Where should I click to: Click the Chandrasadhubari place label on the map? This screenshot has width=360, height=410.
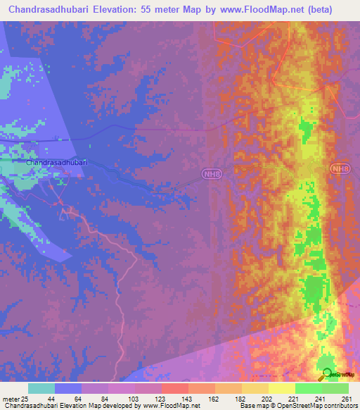pyautogui.click(x=57, y=163)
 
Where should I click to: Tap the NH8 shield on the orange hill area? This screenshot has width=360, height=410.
pyautogui.click(x=340, y=169)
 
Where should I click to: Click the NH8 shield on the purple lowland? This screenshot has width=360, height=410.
pyautogui.click(x=211, y=173)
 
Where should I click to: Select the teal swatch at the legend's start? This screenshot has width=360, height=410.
pyautogui.click(x=41, y=388)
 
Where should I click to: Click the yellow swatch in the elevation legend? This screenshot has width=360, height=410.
pyautogui.click(x=282, y=388)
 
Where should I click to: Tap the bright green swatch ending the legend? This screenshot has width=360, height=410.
pyautogui.click(x=335, y=388)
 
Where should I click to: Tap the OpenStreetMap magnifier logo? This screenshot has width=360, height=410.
pyautogui.click(x=327, y=374)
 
